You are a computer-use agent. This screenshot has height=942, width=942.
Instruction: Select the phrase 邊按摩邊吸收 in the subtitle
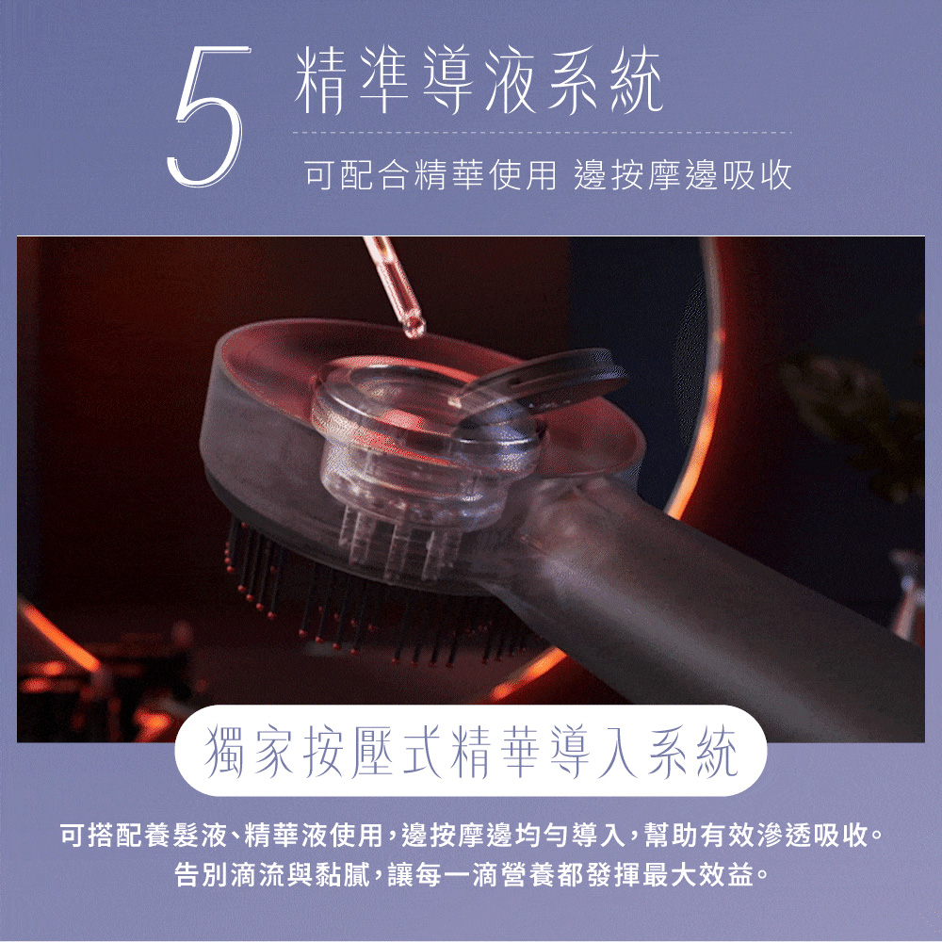click(x=683, y=176)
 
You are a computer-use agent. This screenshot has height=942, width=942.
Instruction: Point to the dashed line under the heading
click(x=542, y=133)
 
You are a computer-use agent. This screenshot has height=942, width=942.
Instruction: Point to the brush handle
click(x=735, y=603)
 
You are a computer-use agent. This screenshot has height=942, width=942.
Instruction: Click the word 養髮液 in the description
click(x=194, y=835)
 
